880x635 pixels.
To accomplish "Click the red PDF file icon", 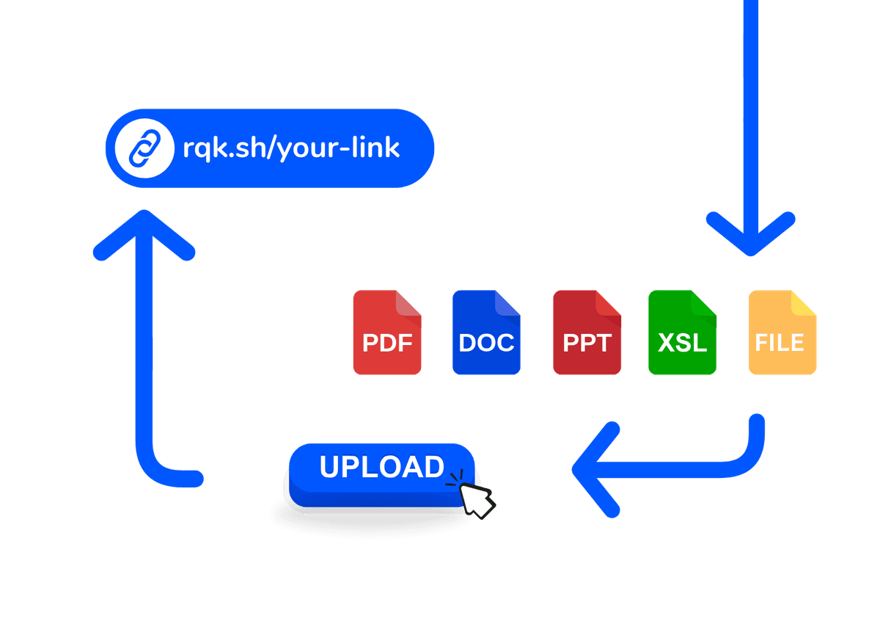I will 387,333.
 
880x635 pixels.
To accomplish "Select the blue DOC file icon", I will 486,333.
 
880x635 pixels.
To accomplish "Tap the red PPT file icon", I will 587,333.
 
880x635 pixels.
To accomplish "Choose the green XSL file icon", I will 682,333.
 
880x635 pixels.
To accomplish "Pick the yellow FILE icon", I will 782,333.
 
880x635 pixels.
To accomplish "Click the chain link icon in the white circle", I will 141,148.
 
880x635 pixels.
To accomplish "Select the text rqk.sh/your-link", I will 291,148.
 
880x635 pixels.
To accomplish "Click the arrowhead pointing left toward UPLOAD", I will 590,468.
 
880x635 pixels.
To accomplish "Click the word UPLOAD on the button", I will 381,467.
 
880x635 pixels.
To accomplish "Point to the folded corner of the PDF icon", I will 409,304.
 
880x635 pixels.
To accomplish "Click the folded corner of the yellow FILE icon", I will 804,304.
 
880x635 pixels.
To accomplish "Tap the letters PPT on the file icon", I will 587,343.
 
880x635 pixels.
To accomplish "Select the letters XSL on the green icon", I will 682,343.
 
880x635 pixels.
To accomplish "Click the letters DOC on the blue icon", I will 486,343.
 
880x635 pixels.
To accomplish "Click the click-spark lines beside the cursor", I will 456,478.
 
